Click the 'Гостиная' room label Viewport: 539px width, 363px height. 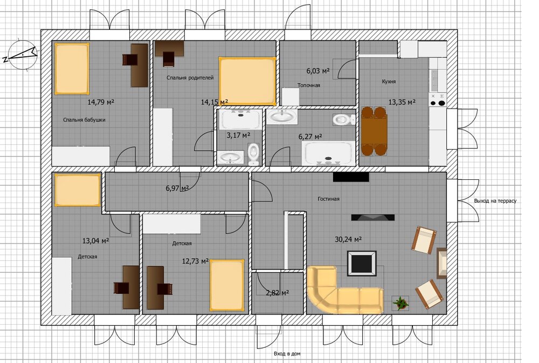pyautogui.click(x=328, y=199)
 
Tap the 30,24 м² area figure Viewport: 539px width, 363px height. pyautogui.click(x=348, y=239)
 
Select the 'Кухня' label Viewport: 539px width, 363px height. pyautogui.click(x=389, y=82)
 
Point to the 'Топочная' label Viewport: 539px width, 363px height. pyautogui.click(x=309, y=85)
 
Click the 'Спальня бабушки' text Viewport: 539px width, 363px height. pyautogui.click(x=84, y=120)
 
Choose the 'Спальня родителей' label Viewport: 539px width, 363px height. pyautogui.click(x=190, y=78)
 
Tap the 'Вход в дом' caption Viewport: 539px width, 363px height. pyautogui.click(x=287, y=353)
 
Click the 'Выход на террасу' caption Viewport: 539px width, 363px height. pyautogui.click(x=495, y=201)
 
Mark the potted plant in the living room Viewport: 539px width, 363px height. pyautogui.click(x=401, y=303)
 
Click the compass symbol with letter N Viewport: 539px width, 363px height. pyautogui.click(x=22, y=55)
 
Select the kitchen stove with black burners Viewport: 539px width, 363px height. pyautogui.click(x=438, y=99)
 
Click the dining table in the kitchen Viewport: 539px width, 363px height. pyautogui.click(x=374, y=131)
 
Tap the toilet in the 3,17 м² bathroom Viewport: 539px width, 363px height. pyautogui.click(x=253, y=153)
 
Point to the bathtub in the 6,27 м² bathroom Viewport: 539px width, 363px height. pyautogui.click(x=329, y=153)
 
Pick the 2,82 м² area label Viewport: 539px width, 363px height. pyautogui.click(x=278, y=293)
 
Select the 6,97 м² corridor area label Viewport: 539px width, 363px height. pyautogui.click(x=177, y=188)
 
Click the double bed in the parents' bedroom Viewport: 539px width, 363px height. pyautogui.click(x=247, y=81)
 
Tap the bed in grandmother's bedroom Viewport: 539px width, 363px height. pyautogui.click(x=72, y=69)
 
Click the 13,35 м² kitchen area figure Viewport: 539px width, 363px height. pyautogui.click(x=402, y=102)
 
